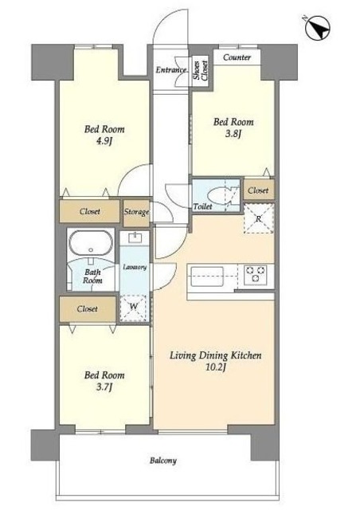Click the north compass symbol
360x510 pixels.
coord(317,28)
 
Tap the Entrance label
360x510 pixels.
coord(171,70)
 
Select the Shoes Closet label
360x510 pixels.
coord(200,70)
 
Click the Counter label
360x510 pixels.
coord(237,57)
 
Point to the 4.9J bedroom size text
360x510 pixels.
coord(104,141)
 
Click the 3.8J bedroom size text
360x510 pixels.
coord(233,134)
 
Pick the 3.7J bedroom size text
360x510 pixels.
coord(104,387)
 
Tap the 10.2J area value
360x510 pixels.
coord(216,367)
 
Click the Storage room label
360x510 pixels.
coord(136,212)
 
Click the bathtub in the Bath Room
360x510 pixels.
coord(91,243)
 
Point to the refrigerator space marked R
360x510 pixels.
coord(259,218)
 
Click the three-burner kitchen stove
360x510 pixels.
coord(256,273)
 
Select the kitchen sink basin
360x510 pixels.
coord(207,277)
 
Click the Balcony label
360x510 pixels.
coord(163,461)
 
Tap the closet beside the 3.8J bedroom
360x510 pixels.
coord(259,190)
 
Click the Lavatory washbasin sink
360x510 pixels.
coord(135,238)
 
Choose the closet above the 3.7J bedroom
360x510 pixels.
coord(88,308)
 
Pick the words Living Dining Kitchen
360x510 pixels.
coord(216,355)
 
